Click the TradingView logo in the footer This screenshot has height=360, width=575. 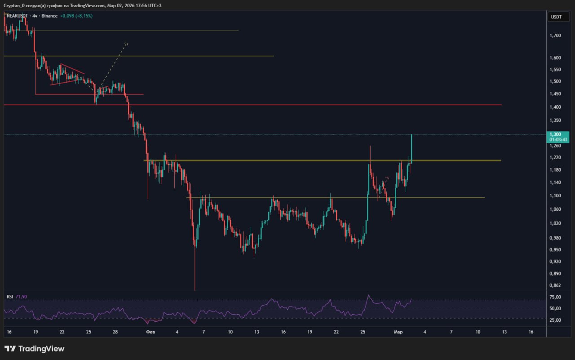click(35, 349)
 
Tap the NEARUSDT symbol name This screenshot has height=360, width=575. click(18, 16)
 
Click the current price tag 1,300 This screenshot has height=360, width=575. click(556, 134)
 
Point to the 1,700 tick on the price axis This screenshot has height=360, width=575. click(556, 35)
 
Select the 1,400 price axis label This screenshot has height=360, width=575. click(556, 107)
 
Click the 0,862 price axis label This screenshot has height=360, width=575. click(556, 285)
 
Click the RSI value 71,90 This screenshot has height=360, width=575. click(22, 297)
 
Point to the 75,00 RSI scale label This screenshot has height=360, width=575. click(556, 297)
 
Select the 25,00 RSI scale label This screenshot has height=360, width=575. click(556, 320)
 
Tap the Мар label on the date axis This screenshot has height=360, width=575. click(398, 332)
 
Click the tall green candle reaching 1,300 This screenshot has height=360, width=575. click(411, 148)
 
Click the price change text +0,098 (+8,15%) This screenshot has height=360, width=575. click(77, 16)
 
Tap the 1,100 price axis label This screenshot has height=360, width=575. click(556, 196)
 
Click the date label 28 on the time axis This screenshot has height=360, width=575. click(115, 332)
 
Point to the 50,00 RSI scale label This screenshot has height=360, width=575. click(556, 309)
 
